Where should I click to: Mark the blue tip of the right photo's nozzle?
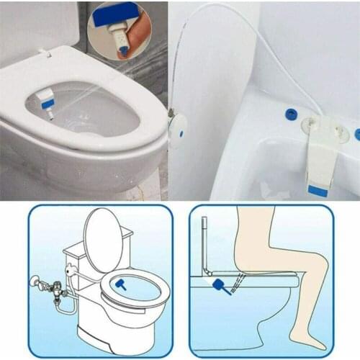click(x=318, y=189)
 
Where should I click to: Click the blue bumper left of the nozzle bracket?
click(x=291, y=112)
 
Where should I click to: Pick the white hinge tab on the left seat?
click(x=45, y=52)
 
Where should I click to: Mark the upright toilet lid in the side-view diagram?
click(x=204, y=245)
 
